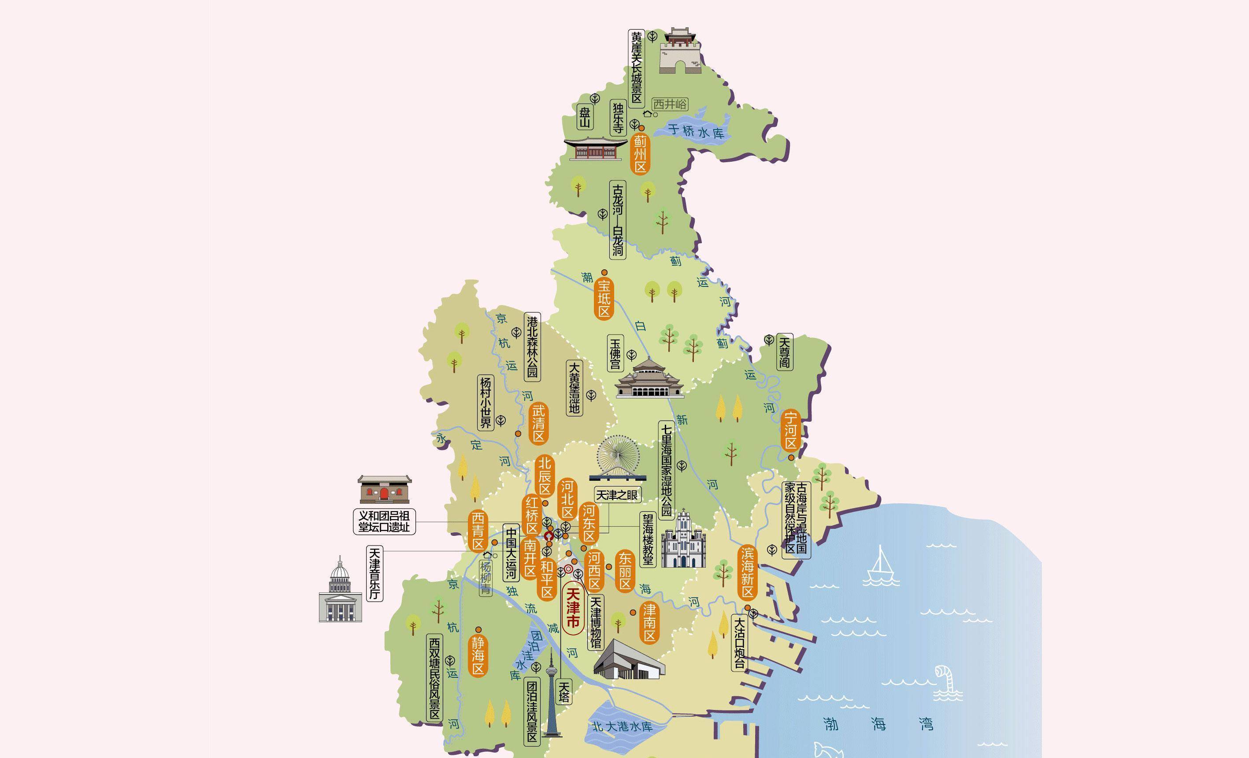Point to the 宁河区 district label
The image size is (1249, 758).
click(x=791, y=431)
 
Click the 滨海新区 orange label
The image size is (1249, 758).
click(x=748, y=572)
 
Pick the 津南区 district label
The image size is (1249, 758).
click(x=649, y=622)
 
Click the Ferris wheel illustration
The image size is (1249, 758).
click(x=618, y=458)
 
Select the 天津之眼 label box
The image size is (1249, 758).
click(x=617, y=495)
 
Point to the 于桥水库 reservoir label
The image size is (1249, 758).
click(x=696, y=131)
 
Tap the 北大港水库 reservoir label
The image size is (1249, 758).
click(x=622, y=726)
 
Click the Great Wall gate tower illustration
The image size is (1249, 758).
click(x=680, y=50)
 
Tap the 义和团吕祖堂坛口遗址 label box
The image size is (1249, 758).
click(x=384, y=521)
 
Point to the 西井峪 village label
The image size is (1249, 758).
click(x=670, y=104)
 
